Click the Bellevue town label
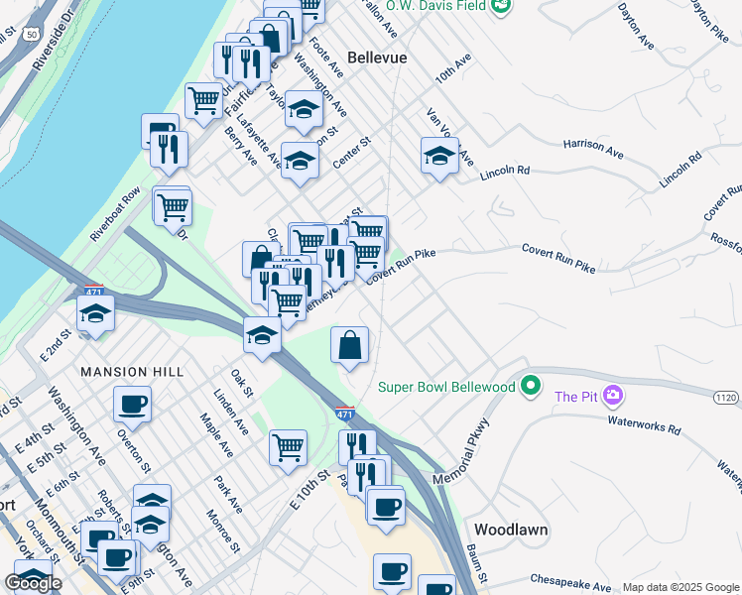click(377, 59)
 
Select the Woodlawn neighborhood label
click(511, 530)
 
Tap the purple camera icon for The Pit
click(613, 396)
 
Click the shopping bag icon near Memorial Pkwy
click(350, 346)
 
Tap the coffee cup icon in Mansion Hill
click(132, 404)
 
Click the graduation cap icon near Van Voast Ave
click(439, 155)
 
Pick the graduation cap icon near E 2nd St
click(96, 313)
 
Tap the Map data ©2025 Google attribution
click(680, 586)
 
